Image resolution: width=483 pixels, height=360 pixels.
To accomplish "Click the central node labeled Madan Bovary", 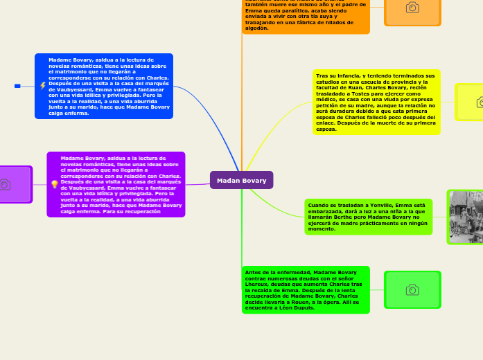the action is point(241,180).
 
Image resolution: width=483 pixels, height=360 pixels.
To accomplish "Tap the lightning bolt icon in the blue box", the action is point(43,86).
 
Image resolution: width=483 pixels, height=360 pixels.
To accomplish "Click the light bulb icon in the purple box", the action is point(55,184).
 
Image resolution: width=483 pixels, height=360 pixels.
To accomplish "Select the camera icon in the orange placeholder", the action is point(412,8).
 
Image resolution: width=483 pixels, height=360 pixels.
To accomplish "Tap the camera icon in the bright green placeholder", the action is point(412,289).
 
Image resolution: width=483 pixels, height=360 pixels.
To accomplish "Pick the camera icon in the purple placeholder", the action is point(6,184).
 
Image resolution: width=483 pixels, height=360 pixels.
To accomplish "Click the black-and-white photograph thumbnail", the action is point(466,217).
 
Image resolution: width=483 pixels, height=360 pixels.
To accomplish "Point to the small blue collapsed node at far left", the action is point(17,86).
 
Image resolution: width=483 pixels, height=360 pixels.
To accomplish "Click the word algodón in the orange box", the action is point(256,28).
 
